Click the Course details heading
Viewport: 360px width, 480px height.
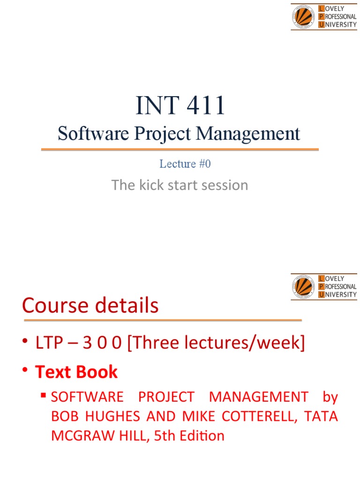click(90, 306)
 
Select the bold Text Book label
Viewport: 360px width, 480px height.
click(76, 372)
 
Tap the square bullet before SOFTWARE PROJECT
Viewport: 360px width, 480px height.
click(44, 396)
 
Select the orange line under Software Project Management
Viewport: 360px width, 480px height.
click(180, 150)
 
